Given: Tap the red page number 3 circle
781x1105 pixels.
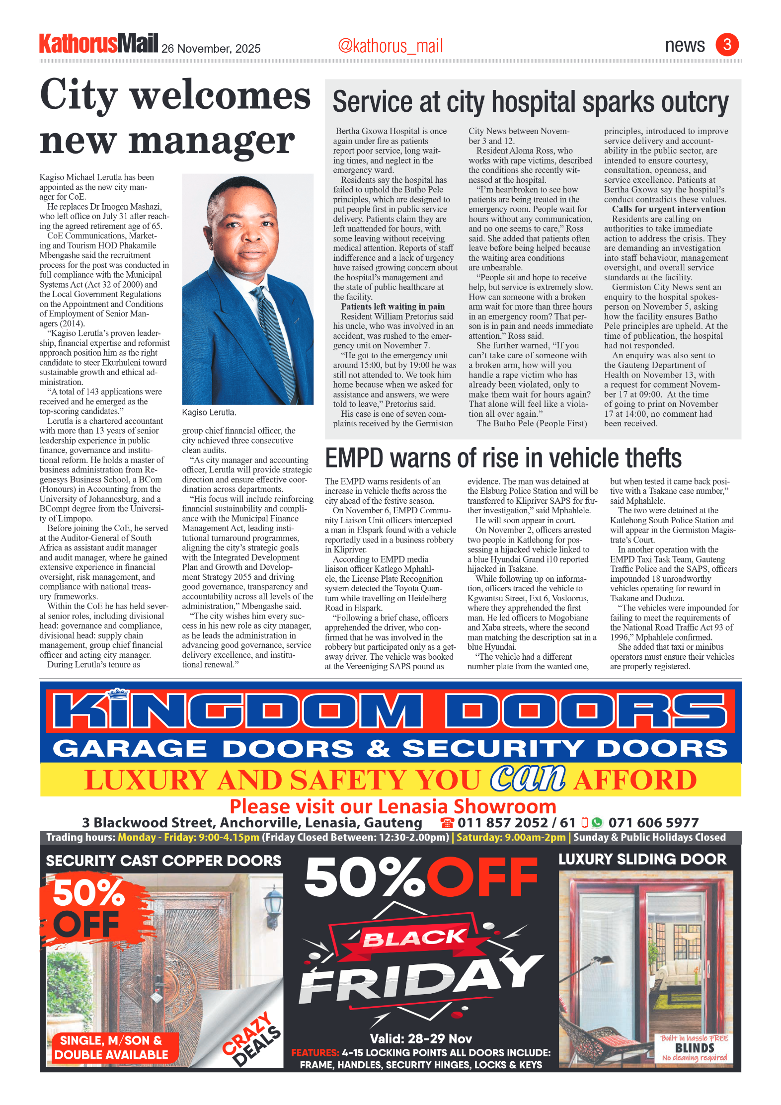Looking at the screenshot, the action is click(x=727, y=45).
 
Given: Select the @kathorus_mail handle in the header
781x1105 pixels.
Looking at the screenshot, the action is click(x=390, y=46).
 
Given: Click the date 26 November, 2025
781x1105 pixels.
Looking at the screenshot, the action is click(x=211, y=49).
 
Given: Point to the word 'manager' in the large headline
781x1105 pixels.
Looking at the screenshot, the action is click(x=212, y=141).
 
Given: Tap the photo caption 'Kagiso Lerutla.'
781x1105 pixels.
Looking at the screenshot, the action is click(x=209, y=412).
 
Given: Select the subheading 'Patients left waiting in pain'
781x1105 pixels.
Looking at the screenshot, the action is click(x=392, y=307).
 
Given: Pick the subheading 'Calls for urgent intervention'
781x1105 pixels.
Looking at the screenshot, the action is click(x=668, y=209).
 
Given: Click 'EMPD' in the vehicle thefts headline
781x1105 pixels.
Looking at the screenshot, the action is click(x=354, y=458).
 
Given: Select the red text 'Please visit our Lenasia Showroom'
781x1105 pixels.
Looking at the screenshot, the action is click(x=392, y=806).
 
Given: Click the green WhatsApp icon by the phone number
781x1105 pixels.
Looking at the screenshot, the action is click(x=597, y=823).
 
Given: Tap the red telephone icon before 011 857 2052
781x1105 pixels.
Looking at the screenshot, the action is click(x=447, y=823).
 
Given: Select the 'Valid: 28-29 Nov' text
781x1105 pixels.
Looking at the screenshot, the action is click(x=421, y=1038).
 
